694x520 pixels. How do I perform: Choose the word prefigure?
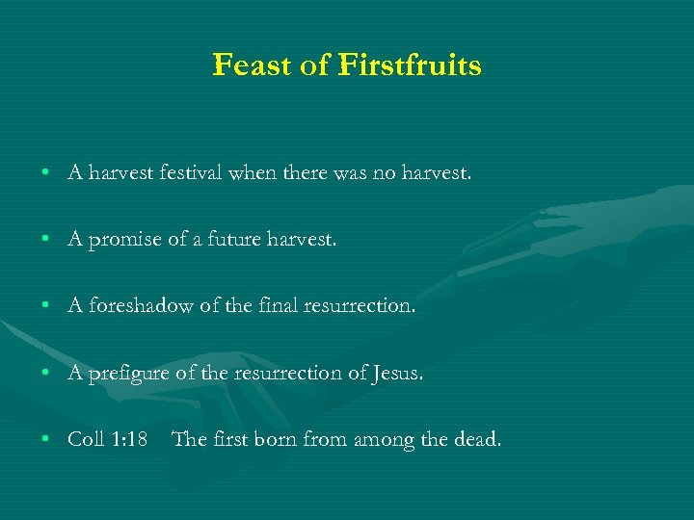point(128,374)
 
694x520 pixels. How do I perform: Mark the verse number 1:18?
point(129,440)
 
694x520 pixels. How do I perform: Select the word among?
point(375,440)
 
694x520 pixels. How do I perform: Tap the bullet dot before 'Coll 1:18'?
point(46,441)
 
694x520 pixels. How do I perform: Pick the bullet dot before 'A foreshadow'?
point(46,307)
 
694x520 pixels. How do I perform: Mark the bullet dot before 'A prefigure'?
point(46,375)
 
